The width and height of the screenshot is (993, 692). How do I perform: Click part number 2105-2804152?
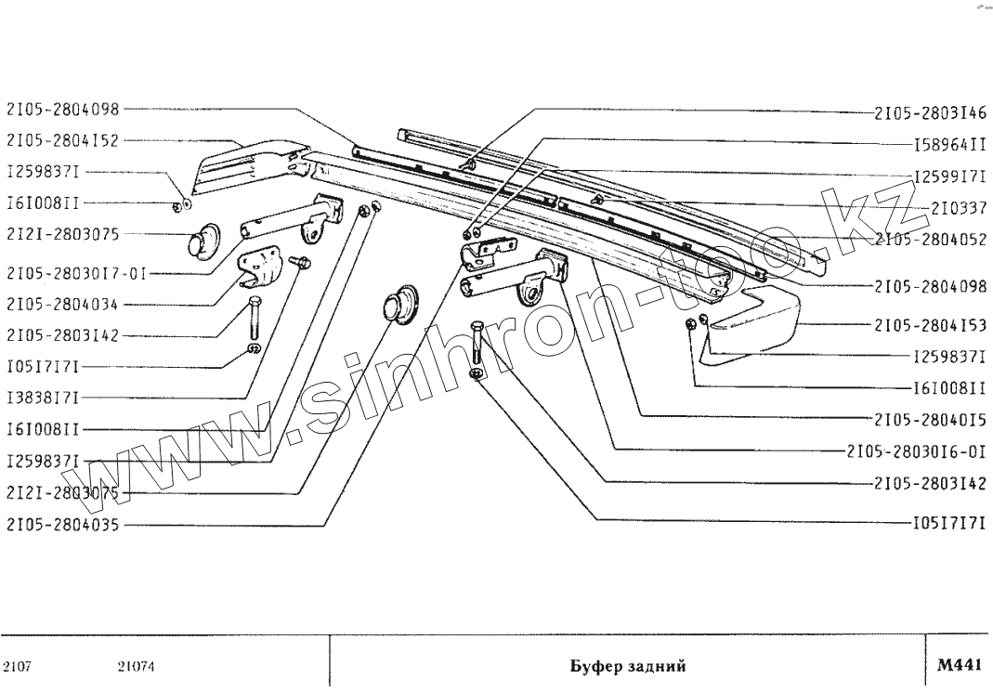tap(63, 141)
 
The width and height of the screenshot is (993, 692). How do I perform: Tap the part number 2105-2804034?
tap(63, 304)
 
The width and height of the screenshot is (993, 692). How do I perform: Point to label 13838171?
tap(43, 398)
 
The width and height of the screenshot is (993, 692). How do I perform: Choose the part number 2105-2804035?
tap(63, 525)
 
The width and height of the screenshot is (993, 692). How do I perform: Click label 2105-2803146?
tap(929, 113)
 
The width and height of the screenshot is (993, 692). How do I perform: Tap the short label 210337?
tap(958, 207)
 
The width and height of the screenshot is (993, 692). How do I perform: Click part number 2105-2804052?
tap(929, 239)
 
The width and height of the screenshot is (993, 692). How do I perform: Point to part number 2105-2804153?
tap(929, 325)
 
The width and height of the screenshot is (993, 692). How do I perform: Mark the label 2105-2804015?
tap(929, 420)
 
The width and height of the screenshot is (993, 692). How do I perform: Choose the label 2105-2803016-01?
tap(916, 451)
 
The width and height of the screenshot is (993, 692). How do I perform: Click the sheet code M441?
tap(959, 665)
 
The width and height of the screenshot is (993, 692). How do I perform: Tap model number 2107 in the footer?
tap(19, 666)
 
